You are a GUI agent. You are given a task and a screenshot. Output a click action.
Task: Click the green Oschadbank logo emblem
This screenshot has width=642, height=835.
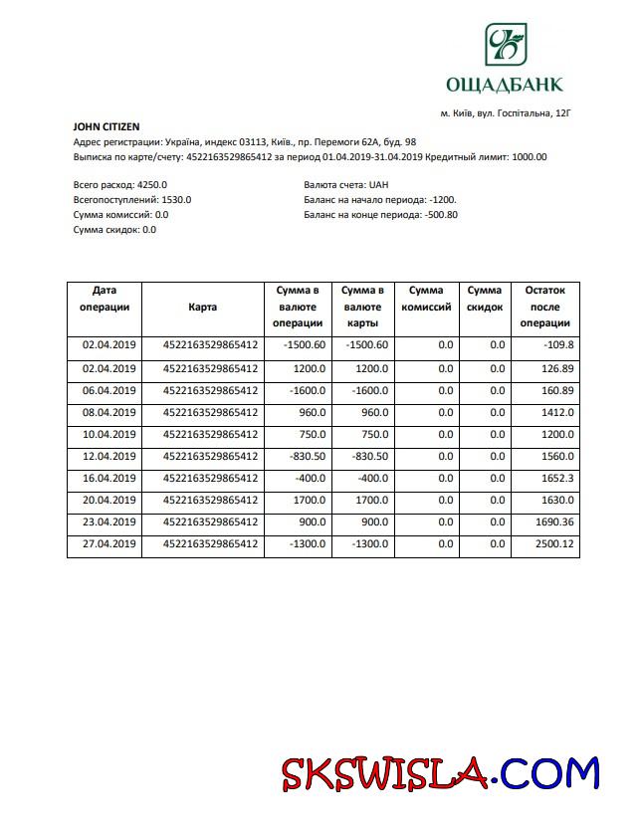(x=505, y=45)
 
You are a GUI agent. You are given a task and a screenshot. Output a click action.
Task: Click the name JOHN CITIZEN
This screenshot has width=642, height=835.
(x=107, y=127)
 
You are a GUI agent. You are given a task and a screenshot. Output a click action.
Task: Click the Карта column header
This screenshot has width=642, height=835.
(x=202, y=308)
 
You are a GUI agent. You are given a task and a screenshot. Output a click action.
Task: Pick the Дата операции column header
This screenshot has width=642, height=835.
(x=105, y=299)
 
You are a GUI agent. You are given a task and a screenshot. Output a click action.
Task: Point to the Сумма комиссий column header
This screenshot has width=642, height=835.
(x=426, y=299)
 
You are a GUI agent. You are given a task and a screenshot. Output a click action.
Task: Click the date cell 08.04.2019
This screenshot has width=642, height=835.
(x=107, y=412)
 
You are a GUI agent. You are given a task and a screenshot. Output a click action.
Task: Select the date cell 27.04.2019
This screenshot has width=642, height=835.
(x=107, y=544)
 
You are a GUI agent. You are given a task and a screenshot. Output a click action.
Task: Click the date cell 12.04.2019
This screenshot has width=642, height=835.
(x=107, y=456)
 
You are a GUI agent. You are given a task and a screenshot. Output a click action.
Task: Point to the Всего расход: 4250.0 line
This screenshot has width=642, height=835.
(x=120, y=185)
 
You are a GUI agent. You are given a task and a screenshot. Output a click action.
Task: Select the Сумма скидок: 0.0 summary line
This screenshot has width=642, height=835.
(x=114, y=230)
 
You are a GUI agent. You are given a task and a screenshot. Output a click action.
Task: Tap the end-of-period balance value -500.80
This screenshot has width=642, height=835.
(x=441, y=215)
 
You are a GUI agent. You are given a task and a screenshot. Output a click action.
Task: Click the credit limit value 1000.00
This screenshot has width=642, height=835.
(x=529, y=157)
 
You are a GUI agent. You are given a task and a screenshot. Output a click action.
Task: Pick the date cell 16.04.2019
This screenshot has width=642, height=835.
(x=107, y=478)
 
